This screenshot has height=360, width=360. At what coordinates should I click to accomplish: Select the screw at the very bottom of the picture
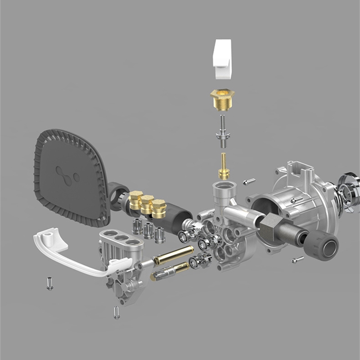[x=117, y=312]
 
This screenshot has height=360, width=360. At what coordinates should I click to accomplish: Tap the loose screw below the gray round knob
[x=297, y=260]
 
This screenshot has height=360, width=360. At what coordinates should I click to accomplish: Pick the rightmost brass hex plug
[x=158, y=208]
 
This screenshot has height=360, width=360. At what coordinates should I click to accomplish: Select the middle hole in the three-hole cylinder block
[x=121, y=238]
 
